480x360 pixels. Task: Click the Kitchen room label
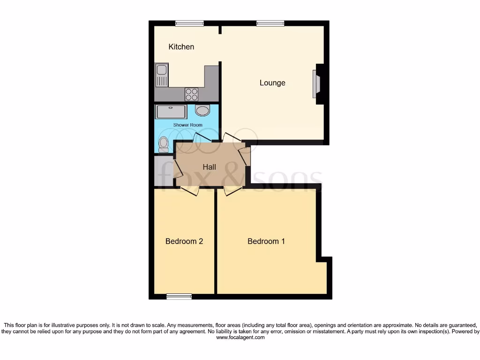click(181, 47)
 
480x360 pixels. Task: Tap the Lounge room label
click(272, 83)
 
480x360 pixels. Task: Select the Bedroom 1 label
click(266, 241)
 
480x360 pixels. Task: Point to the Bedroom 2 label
click(184, 241)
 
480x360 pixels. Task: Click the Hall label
click(209, 167)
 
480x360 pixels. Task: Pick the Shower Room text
click(187, 125)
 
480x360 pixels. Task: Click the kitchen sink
click(162, 75)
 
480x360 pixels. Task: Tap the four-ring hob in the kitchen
click(191, 94)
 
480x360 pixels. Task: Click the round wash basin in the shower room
click(202, 111)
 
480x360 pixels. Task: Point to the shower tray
click(171, 112)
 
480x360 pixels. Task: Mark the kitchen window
click(189, 23)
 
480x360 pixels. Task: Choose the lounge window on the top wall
click(270, 23)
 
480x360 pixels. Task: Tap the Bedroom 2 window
click(179, 296)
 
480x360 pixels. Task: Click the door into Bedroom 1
click(233, 190)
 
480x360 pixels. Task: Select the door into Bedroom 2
click(190, 190)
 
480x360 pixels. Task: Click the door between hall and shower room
click(202, 138)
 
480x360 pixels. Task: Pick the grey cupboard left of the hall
click(163, 171)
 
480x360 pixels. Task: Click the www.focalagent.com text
click(240, 337)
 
